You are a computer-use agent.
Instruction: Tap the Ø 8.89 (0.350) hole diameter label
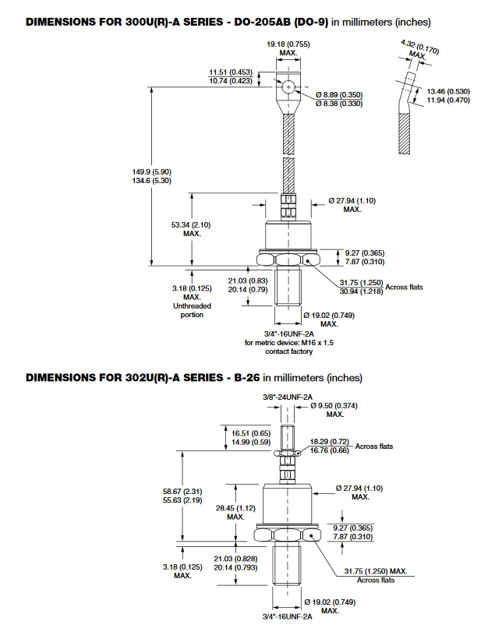click(x=338, y=94)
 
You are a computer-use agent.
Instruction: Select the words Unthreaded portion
click(x=192, y=311)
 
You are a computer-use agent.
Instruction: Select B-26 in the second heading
click(x=242, y=378)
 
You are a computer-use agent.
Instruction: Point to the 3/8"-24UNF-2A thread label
click(x=288, y=397)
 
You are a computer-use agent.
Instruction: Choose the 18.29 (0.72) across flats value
click(x=327, y=441)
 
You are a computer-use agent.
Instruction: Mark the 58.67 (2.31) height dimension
click(x=182, y=493)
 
